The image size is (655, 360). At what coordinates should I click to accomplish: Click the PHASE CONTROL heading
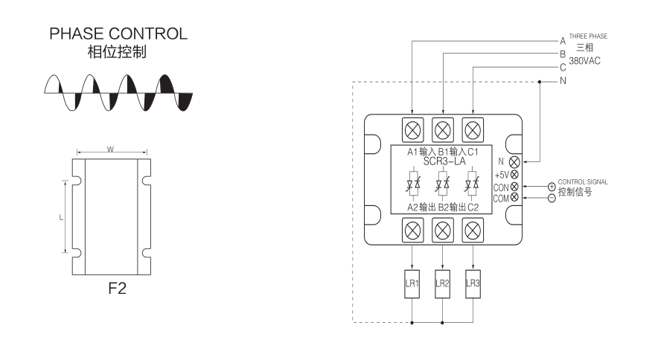(118, 34)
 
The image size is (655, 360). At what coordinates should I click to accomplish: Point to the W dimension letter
(110, 150)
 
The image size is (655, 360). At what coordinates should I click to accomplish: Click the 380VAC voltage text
(585, 60)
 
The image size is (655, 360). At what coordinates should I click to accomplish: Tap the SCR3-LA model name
(441, 161)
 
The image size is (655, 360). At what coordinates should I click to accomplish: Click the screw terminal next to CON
(514, 186)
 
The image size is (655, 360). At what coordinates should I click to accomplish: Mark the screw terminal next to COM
(514, 197)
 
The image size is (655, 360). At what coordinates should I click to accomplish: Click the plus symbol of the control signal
(552, 186)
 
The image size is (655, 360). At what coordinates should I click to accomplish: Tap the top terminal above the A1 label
(412, 129)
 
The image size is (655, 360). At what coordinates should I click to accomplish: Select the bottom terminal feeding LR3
(472, 229)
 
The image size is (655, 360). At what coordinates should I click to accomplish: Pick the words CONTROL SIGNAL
(582, 181)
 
